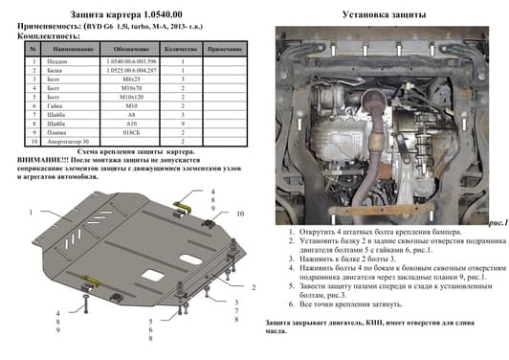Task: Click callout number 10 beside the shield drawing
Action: point(240,213)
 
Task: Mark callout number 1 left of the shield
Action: point(32,212)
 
